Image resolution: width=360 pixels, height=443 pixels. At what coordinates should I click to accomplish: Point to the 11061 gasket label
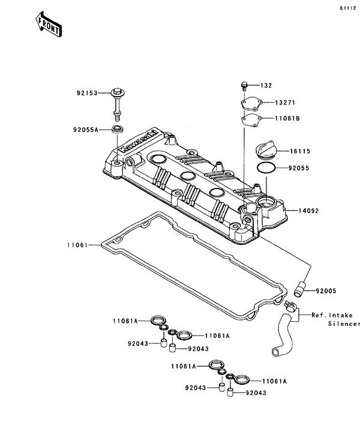coord(78,245)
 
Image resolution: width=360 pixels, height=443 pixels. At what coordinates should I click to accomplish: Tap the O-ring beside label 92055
coord(266,169)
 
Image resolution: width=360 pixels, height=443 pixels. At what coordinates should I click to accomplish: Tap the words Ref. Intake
coord(332,315)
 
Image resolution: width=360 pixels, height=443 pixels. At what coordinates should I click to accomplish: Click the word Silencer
coord(344,324)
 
